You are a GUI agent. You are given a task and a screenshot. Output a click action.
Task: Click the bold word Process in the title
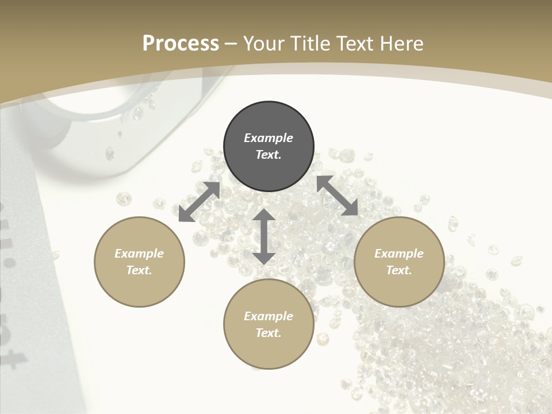(181, 44)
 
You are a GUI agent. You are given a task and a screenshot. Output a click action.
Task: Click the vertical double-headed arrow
(264, 236)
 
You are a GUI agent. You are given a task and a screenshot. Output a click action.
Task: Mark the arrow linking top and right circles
(337, 195)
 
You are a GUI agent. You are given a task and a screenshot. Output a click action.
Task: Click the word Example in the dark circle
(269, 138)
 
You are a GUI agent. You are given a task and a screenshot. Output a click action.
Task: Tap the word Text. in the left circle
(139, 270)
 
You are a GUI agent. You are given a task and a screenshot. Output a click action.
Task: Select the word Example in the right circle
(399, 254)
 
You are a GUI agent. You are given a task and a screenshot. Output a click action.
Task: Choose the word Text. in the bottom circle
(269, 333)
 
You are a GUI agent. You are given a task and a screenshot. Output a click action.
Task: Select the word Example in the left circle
(139, 254)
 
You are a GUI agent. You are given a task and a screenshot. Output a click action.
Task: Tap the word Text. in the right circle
(399, 270)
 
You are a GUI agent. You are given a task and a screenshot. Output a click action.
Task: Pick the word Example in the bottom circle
(269, 316)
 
